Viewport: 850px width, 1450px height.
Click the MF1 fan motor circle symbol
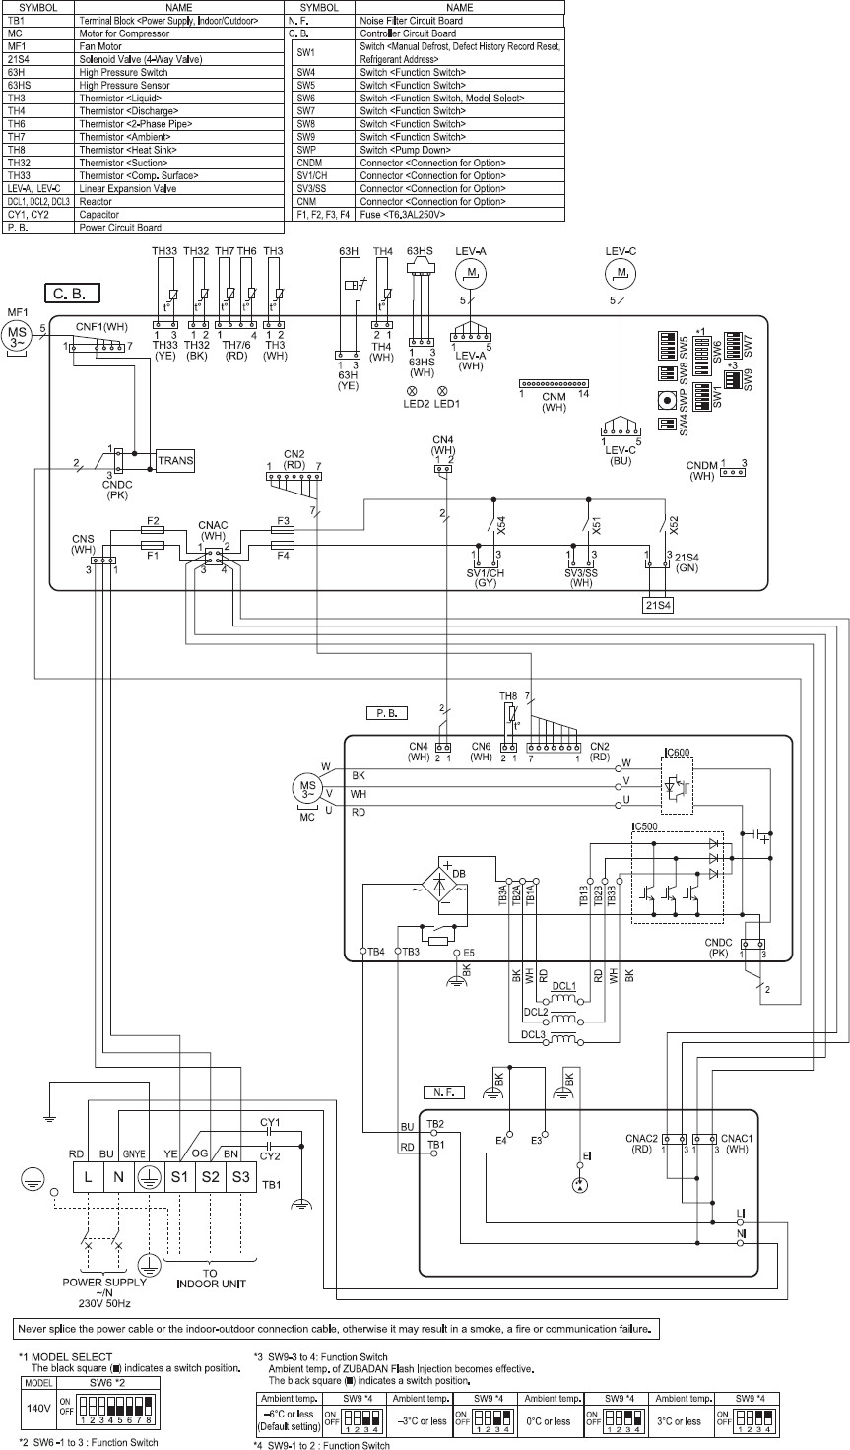point(19,332)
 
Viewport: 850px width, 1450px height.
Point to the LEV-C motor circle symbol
point(621,271)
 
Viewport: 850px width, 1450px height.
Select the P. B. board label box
point(385,711)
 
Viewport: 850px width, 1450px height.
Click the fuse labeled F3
point(282,530)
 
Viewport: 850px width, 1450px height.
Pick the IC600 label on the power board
point(678,753)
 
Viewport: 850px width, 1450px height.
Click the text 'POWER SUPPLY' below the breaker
point(102,1283)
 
